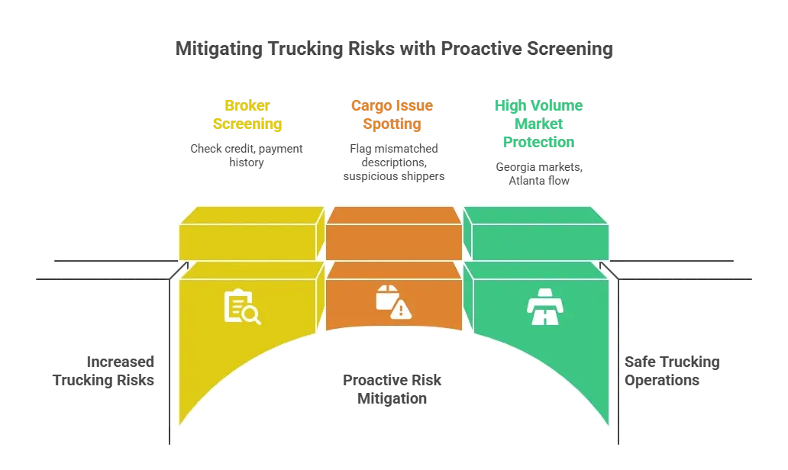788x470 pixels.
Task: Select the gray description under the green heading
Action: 539,172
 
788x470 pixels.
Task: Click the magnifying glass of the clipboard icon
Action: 252,315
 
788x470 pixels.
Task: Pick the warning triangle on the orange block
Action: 401,309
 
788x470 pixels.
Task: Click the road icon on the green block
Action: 545,307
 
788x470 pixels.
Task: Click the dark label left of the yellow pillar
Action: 105,372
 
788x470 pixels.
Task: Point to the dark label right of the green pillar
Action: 672,372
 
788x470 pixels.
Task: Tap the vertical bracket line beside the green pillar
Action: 618,359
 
